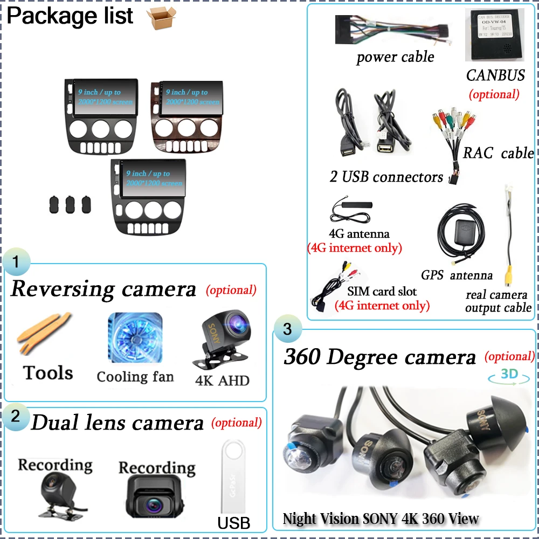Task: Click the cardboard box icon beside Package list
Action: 161,18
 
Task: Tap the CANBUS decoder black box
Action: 494,35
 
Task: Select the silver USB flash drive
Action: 233,482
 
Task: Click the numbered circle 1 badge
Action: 16,262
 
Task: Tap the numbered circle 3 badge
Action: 287,329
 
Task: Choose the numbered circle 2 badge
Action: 16,416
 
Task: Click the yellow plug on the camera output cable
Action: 508,277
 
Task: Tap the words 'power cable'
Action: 395,57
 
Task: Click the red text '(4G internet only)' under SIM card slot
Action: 382,306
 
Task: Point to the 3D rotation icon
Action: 509,375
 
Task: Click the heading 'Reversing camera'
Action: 103,289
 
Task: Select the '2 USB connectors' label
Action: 386,177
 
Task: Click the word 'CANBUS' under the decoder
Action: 495,75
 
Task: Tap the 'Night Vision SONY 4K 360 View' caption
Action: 381,519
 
